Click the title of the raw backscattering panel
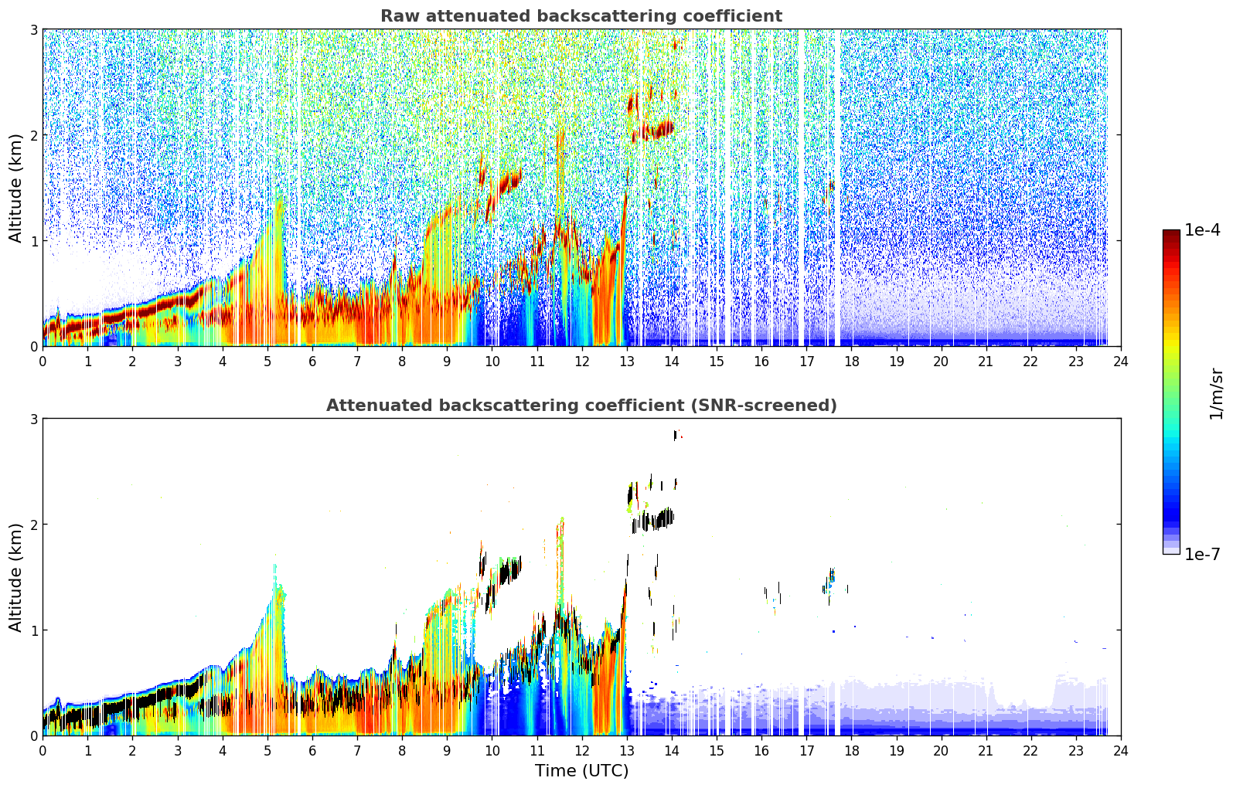coord(581,16)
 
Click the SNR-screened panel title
coord(581,405)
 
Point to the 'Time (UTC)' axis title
coord(581,770)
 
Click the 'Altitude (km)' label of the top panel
coord(15,189)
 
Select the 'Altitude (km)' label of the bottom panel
coord(15,577)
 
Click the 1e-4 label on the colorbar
coord(1202,230)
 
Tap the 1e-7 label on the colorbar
coord(1202,554)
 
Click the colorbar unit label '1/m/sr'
coord(1216,394)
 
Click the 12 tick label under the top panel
coord(582,362)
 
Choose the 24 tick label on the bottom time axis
coord(1121,751)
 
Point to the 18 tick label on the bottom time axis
coord(852,751)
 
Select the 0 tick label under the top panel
coord(43,362)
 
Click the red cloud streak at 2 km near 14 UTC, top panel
coord(654,131)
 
